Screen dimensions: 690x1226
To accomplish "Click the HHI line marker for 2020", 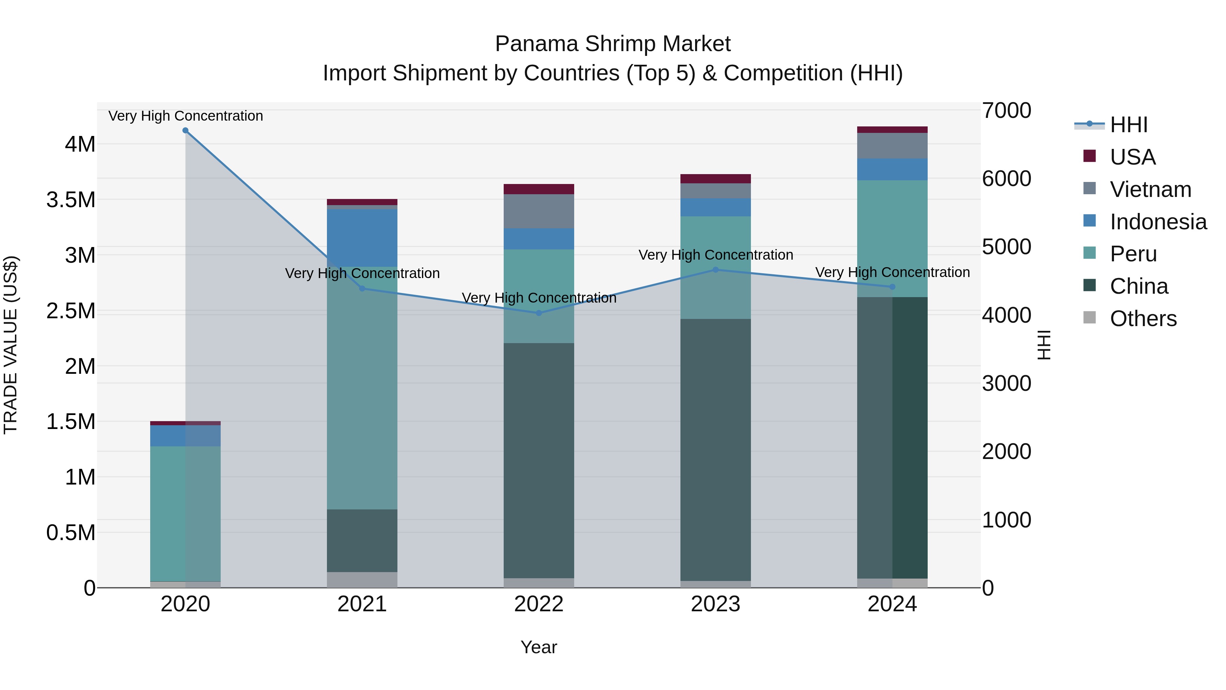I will click(x=186, y=131).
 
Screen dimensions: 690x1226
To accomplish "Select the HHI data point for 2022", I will click(x=539, y=313).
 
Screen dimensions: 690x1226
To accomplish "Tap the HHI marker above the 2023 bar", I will click(x=715, y=270).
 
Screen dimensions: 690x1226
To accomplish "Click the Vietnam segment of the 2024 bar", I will click(x=892, y=146).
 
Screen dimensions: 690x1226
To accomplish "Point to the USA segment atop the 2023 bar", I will click(x=715, y=179).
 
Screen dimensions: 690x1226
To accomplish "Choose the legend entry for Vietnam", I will click(x=1150, y=189).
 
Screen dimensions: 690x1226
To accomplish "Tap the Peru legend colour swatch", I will click(x=1089, y=253).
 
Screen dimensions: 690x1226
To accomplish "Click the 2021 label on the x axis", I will click(x=362, y=604).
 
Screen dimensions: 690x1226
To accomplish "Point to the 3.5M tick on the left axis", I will click(x=71, y=200).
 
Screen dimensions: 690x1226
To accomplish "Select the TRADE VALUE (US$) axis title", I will click(x=11, y=345).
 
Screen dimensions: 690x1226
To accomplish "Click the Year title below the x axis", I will click(x=539, y=647).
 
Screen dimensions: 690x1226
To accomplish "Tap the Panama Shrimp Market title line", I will click(x=613, y=44).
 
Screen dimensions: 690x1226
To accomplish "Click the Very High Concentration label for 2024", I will click(x=892, y=272).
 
